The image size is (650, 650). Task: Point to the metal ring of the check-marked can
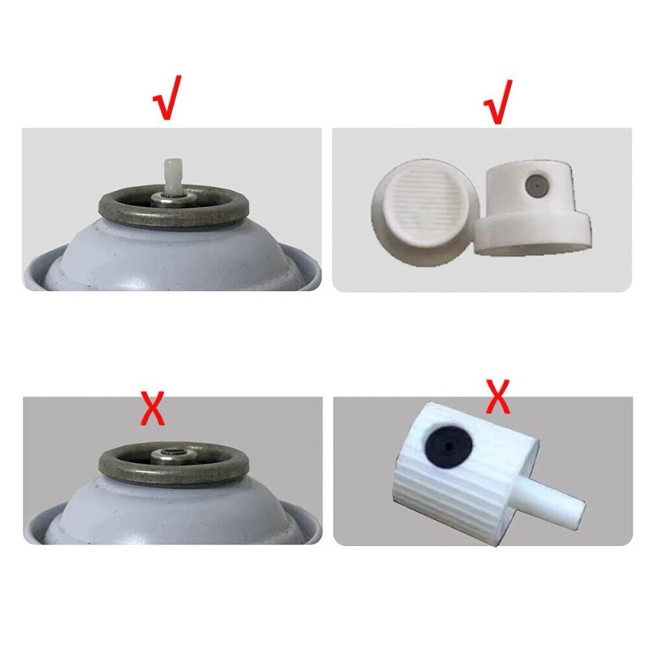click(x=114, y=213)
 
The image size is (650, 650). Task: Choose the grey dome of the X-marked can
click(x=162, y=512)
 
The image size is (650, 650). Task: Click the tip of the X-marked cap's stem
click(x=579, y=511)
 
